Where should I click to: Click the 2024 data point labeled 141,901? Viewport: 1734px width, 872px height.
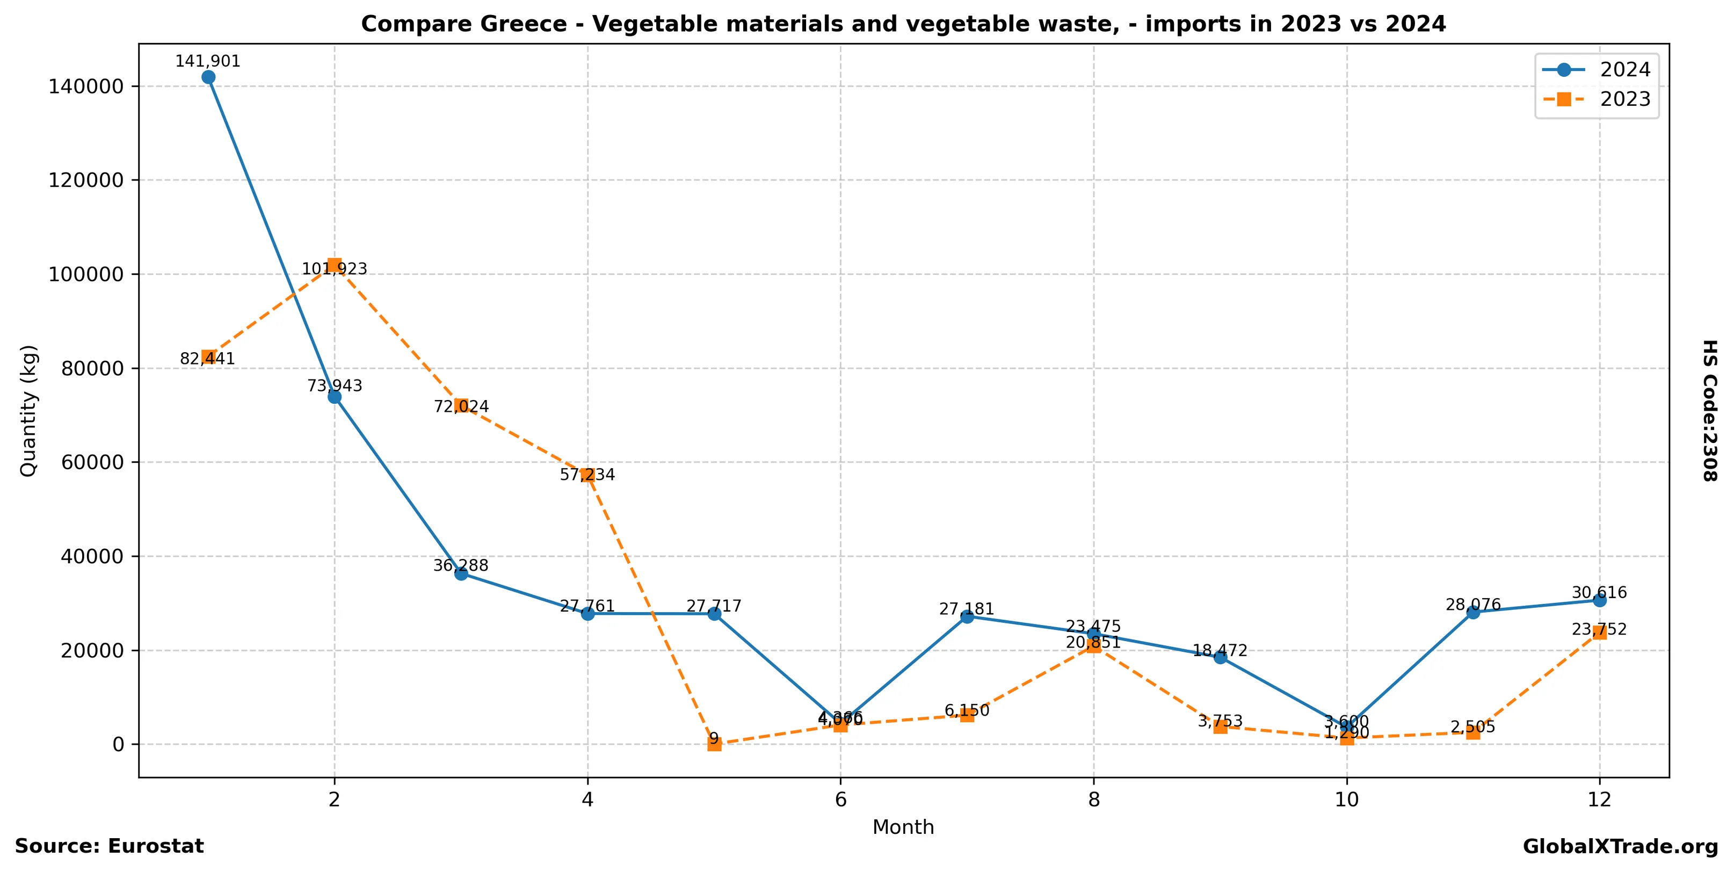[x=208, y=77]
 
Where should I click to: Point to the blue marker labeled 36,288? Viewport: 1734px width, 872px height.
[x=461, y=573]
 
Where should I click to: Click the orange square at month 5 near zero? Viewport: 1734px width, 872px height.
[x=714, y=744]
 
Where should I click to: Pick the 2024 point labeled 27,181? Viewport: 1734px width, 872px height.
[x=967, y=616]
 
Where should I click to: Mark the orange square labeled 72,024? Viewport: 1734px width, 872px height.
[x=461, y=406]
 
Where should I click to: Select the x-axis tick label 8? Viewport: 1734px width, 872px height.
[x=1094, y=800]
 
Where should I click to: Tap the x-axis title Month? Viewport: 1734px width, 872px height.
[x=903, y=827]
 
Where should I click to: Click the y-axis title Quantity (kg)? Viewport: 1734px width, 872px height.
[x=28, y=410]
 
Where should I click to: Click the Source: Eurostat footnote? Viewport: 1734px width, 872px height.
[x=109, y=846]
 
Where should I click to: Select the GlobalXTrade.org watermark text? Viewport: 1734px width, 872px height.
[x=1620, y=847]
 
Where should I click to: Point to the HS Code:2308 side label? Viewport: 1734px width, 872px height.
[x=1710, y=410]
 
